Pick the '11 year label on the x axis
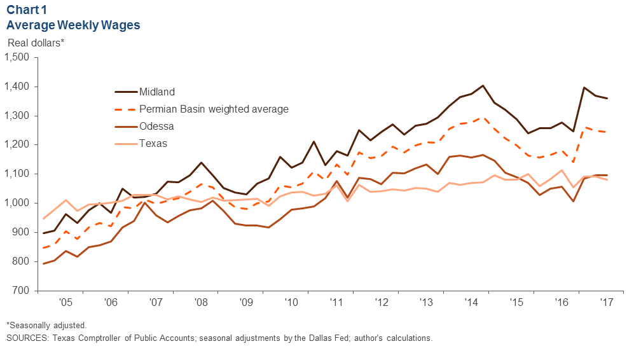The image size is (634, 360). coord(336,302)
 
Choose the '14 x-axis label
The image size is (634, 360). coord(472,302)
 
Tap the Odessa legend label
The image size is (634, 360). coord(156,127)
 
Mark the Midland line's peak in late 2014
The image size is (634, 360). coord(483,85)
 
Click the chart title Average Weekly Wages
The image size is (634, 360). coord(73,25)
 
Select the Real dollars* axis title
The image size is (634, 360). coord(36,43)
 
